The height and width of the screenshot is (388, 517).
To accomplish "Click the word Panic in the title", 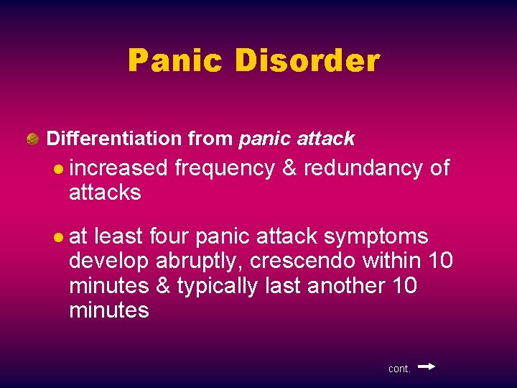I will click(x=174, y=61).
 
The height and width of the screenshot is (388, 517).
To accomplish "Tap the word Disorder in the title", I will click(x=307, y=61).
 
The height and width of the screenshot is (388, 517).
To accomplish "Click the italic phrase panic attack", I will click(x=297, y=138).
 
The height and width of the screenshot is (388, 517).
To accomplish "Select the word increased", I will click(x=118, y=168).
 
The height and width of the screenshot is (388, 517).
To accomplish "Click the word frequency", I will click(x=224, y=168).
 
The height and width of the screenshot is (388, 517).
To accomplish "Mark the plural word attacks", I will click(x=105, y=193).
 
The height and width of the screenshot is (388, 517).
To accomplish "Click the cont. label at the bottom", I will click(x=399, y=369).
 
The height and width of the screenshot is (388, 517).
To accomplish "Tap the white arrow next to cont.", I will click(x=426, y=366).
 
